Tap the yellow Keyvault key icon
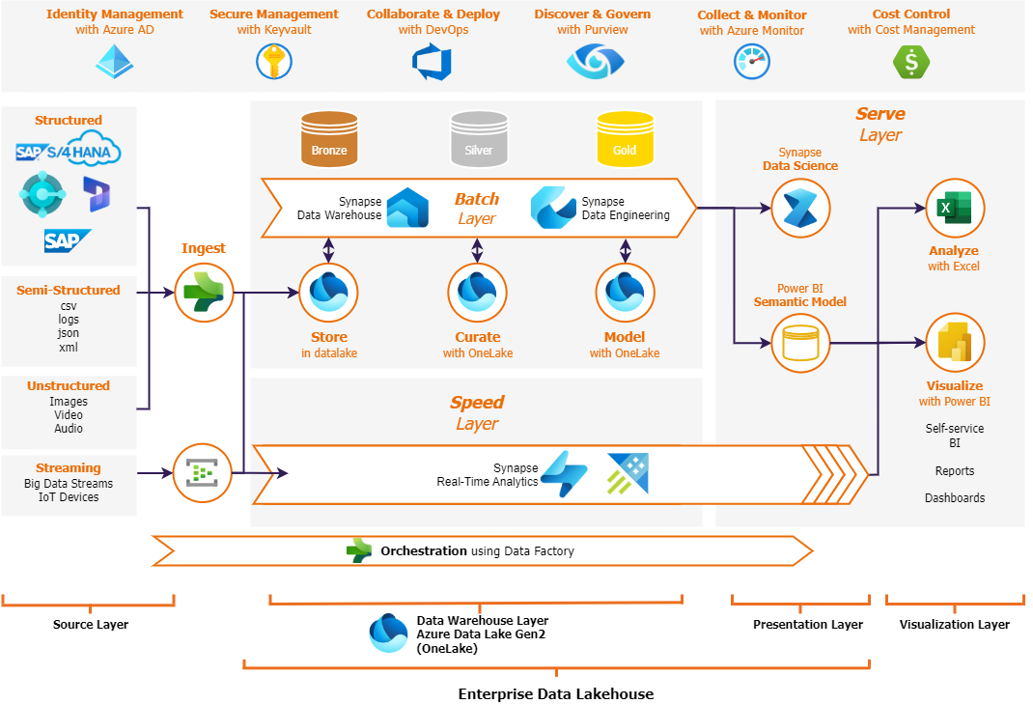[273, 62]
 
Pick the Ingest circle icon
[204, 292]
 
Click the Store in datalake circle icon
[328, 292]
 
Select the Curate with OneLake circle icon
[477, 292]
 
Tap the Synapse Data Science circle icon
[800, 208]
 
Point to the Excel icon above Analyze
[955, 208]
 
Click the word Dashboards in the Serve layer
[955, 498]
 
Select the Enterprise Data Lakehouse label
[555, 693]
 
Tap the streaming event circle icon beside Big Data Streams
[204, 473]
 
